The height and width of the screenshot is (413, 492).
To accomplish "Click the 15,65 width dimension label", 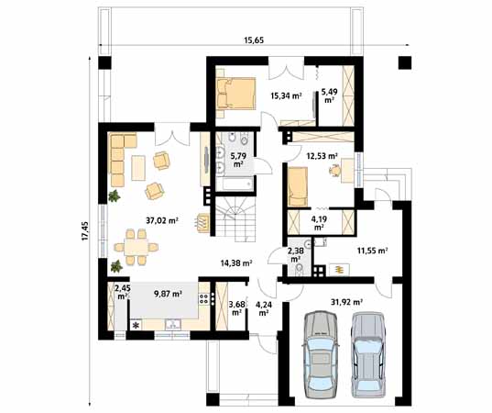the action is coord(254,40).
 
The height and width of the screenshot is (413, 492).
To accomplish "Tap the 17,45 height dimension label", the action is coord(85,231).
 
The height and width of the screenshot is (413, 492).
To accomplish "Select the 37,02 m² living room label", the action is coord(162,220).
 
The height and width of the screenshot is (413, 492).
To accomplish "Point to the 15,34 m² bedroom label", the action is coord(286,95).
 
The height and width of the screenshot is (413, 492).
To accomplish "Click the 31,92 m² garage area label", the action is coord(346,302).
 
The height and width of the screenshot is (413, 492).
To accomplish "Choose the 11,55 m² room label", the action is coord(373,251).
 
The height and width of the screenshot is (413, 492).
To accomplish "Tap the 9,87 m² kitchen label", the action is coord(169,294).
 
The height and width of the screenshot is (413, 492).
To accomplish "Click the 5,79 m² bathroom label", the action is coord(238,160).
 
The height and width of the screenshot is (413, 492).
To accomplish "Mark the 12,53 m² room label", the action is coord(322,156).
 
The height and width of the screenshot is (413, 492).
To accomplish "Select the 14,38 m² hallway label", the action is coord(236,263).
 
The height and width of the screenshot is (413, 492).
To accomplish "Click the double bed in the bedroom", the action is coord(235,94).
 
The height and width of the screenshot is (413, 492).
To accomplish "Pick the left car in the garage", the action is coord(321,354).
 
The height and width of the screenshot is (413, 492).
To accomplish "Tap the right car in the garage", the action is coord(368,354).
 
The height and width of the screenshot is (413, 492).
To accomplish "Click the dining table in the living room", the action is coord(136,247).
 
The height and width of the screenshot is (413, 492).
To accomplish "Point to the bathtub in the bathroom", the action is coord(236,184).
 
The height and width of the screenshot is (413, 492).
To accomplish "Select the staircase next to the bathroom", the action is coord(235,219).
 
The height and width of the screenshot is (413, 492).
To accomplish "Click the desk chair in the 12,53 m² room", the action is coord(335,171).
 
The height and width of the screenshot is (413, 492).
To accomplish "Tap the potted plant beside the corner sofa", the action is coord(115,195).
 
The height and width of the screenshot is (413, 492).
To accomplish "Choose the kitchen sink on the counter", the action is coord(172,324).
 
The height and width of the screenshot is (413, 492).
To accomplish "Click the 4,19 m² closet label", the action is coord(320,222).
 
